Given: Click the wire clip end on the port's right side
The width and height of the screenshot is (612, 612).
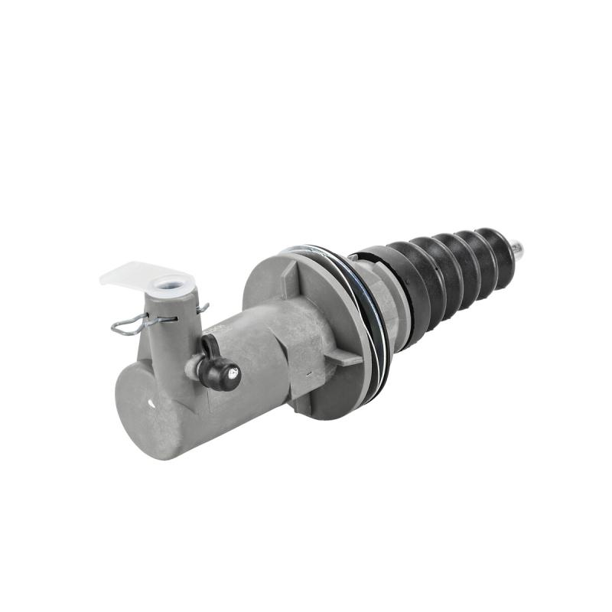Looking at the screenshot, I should (x=202, y=308).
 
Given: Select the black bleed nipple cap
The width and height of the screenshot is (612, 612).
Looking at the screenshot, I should (x=223, y=373).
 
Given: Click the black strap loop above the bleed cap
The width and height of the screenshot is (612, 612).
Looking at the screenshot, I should (x=208, y=346).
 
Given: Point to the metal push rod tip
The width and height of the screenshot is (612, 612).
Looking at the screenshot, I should (x=519, y=249).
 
